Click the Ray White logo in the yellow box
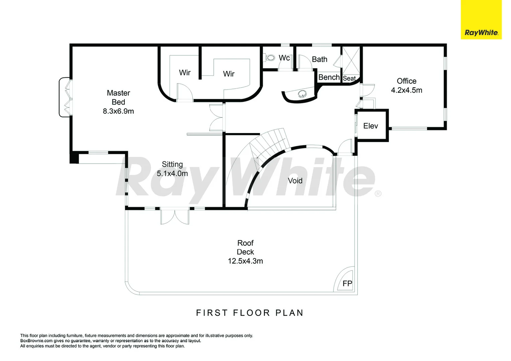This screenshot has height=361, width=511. pyautogui.click(x=481, y=33)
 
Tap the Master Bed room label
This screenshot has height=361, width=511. pyautogui.click(x=118, y=97)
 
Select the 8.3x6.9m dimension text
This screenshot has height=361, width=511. pyautogui.click(x=118, y=111)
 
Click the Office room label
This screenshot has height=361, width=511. pyautogui.click(x=407, y=81)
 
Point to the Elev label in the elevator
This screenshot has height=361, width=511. pyautogui.click(x=371, y=126)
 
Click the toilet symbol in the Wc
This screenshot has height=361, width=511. pyautogui.click(x=270, y=58)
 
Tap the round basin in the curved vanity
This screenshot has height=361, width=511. pyautogui.click(x=303, y=93)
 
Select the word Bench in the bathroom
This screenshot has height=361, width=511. pyautogui.click(x=329, y=77)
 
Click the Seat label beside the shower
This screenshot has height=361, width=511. pyautogui.click(x=349, y=79)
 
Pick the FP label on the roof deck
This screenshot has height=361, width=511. pyautogui.click(x=347, y=283)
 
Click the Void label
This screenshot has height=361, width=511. pyautogui.click(x=295, y=180)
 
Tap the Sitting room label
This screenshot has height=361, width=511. pyautogui.click(x=172, y=164)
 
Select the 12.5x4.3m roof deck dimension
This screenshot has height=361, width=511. pyautogui.click(x=245, y=261)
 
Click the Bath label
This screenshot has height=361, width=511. pyautogui.click(x=319, y=59)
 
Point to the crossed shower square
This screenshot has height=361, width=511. pyautogui.click(x=351, y=61)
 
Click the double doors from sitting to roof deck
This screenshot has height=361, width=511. pyautogui.click(x=175, y=216)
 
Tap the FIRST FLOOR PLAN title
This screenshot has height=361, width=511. pyautogui.click(x=249, y=313)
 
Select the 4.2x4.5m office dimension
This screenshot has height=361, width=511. pyautogui.click(x=407, y=90)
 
